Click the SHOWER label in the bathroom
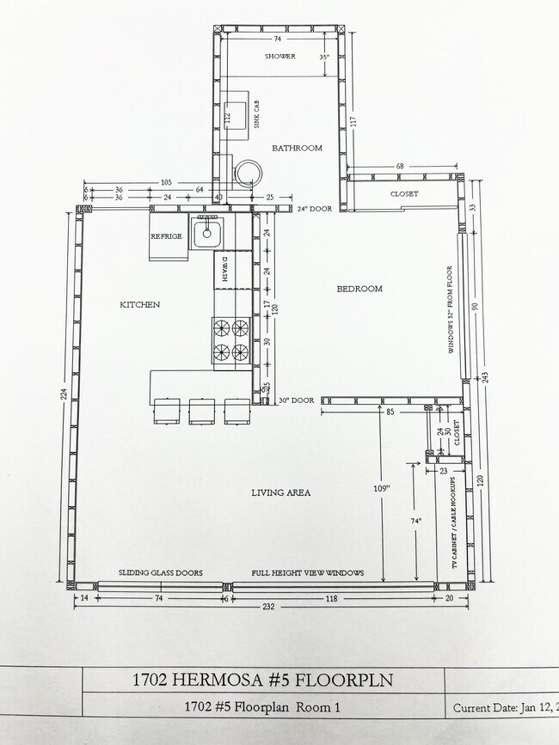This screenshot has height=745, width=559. point(280,57)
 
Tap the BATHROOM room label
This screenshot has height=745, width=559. point(297,148)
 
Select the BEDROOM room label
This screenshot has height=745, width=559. point(359,289)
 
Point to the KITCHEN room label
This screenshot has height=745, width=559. point(139,304)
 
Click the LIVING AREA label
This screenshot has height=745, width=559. point(280,492)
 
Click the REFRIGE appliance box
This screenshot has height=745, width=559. point(167,236)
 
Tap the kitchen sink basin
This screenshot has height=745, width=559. point(207,232)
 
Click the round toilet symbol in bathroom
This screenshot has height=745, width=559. point(248,173)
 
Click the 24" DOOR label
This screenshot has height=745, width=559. point(314,209)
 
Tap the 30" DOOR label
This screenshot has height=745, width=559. point(295,400)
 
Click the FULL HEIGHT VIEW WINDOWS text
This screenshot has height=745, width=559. point(307,572)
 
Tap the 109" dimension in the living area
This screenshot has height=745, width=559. point(382,488)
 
